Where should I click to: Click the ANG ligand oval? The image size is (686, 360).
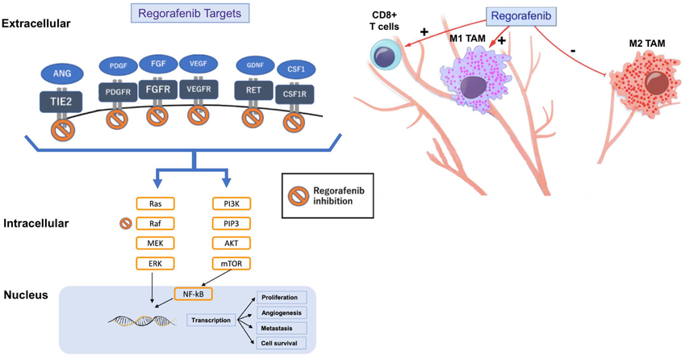[x=62, y=73]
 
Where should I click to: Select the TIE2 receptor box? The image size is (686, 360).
[x=62, y=102]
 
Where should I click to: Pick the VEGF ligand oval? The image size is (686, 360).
[x=199, y=63]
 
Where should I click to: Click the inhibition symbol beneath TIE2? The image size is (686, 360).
[x=62, y=131]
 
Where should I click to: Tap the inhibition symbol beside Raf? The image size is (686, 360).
[x=125, y=224]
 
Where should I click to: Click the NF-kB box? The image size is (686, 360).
[x=192, y=294]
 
